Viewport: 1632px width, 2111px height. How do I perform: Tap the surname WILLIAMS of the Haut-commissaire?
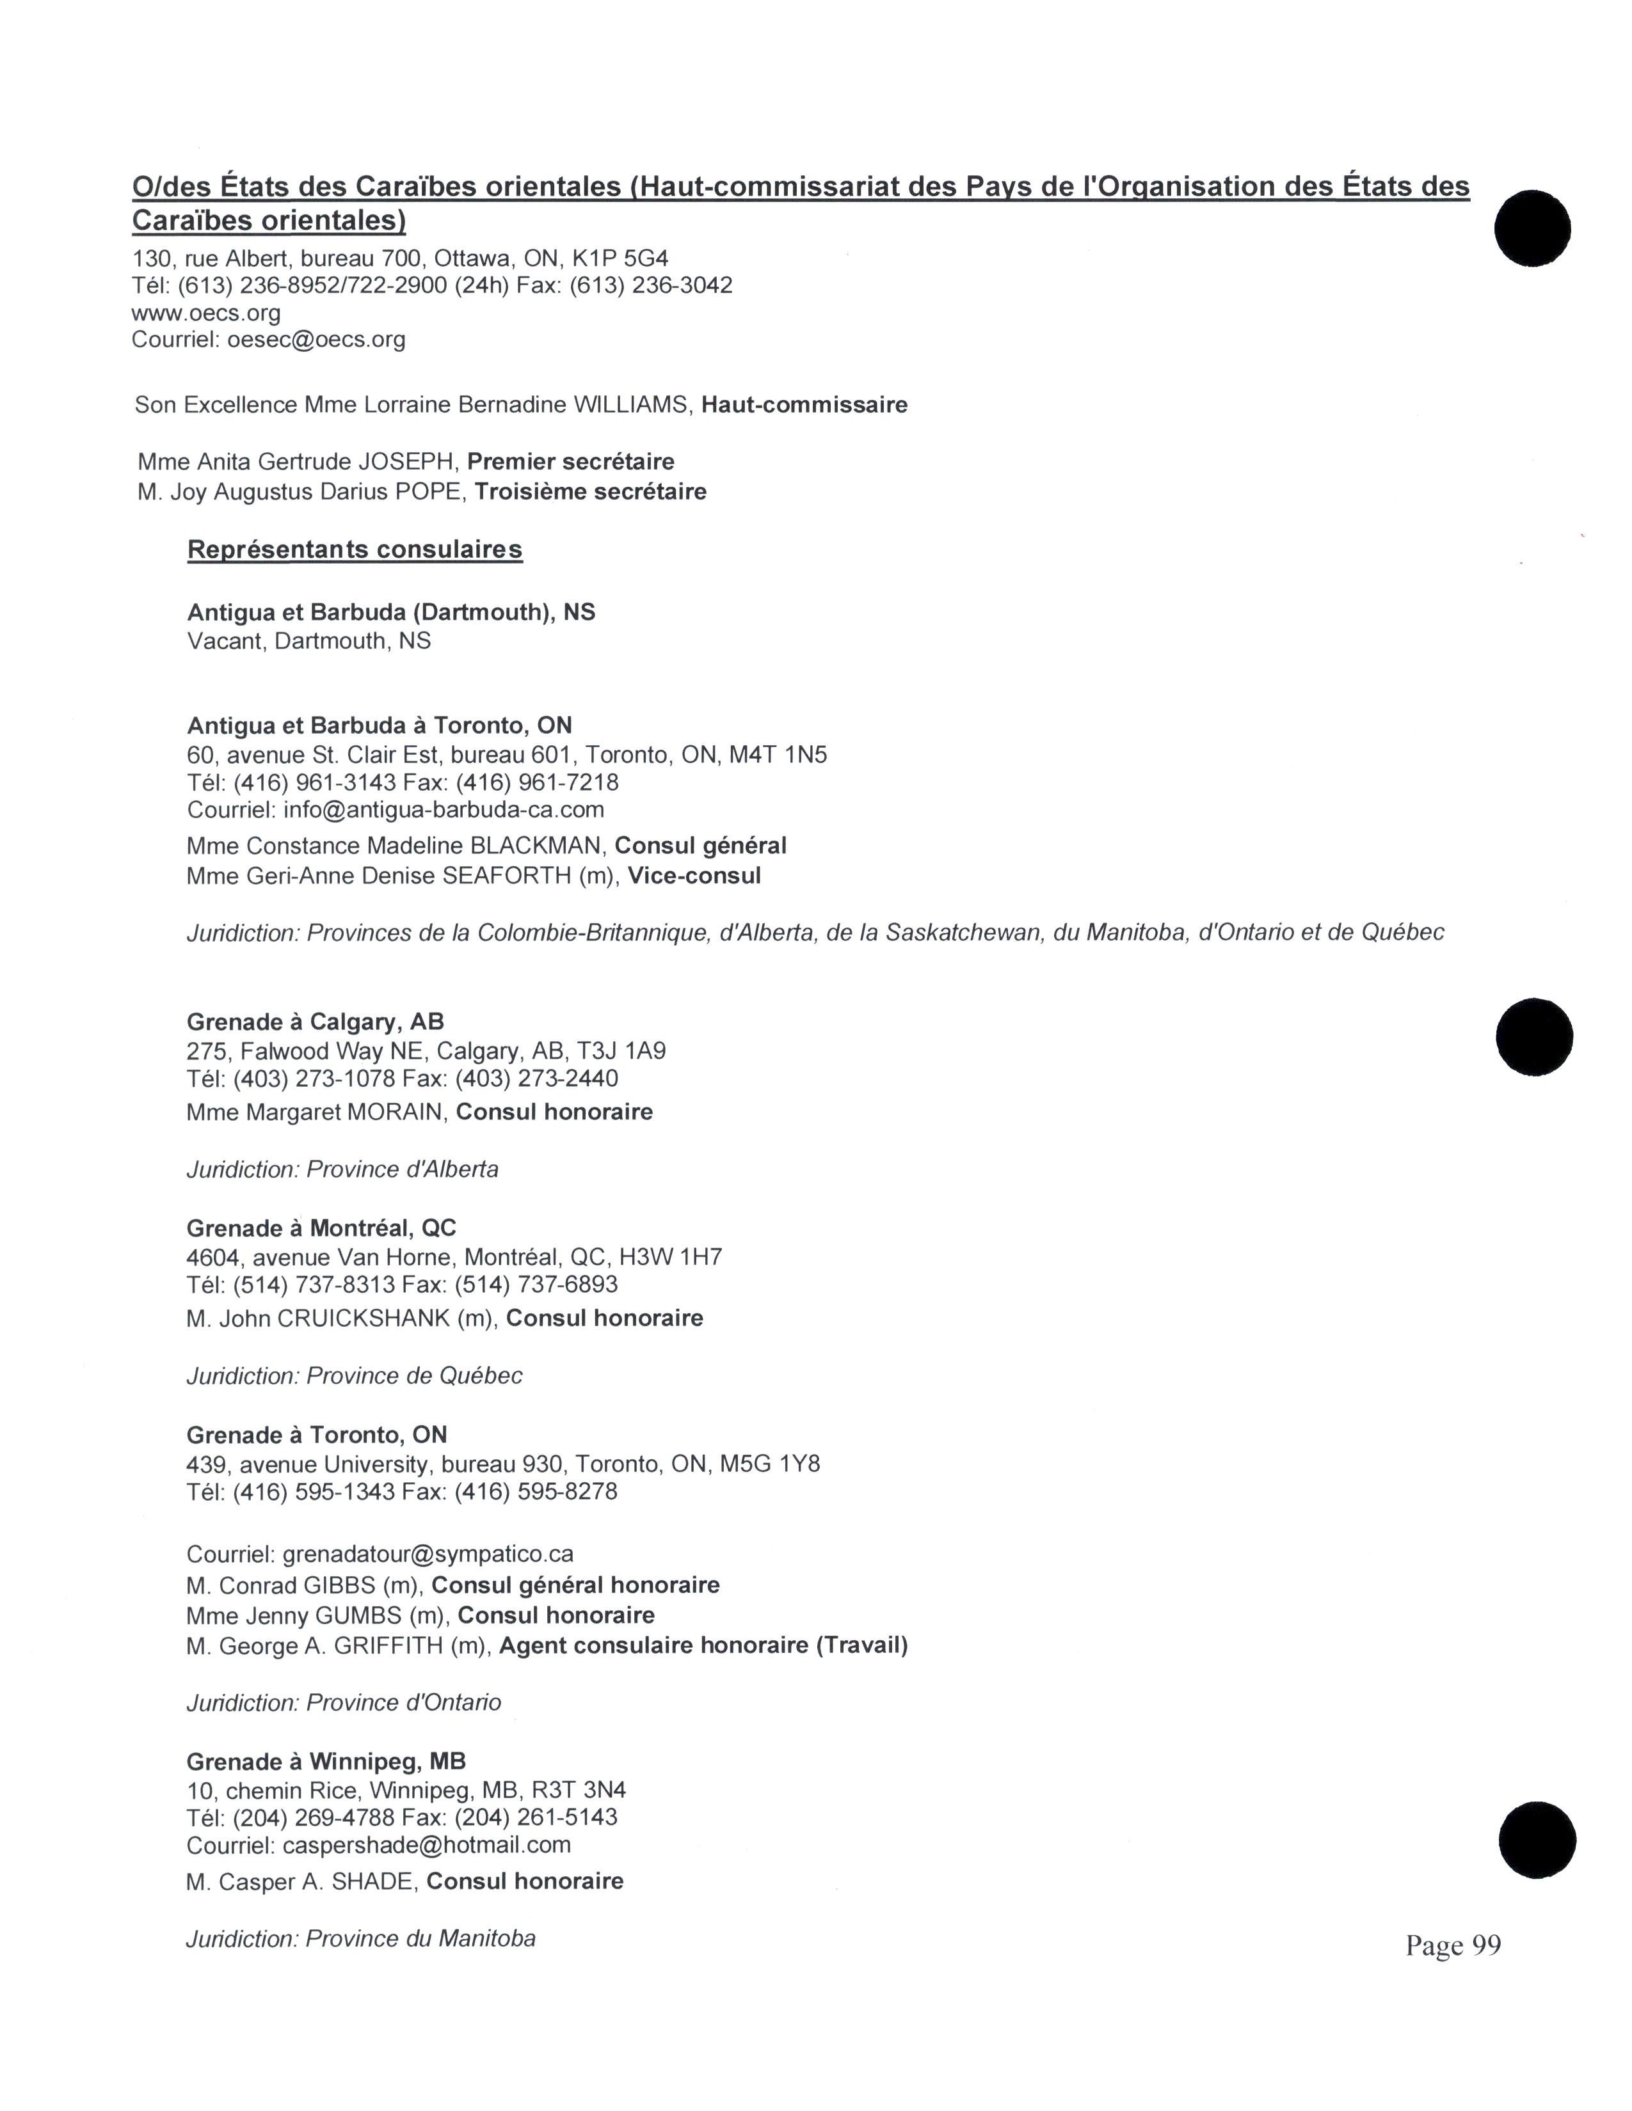(x=632, y=405)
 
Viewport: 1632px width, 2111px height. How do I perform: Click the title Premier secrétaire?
(x=570, y=462)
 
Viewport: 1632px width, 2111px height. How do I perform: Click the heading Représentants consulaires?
(x=354, y=550)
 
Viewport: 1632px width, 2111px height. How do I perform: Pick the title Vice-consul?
(x=694, y=876)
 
